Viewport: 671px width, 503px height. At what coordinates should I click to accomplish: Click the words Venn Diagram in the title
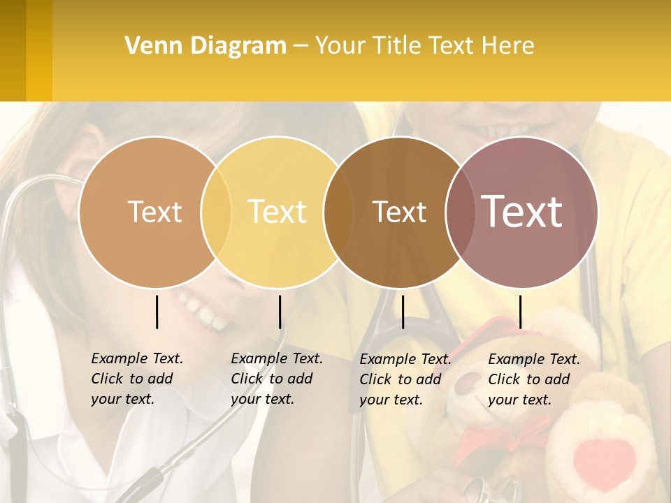pos(205,46)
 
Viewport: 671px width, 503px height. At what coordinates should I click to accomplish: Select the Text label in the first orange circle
pos(154,212)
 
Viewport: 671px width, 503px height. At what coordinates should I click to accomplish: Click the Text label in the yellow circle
pos(277,212)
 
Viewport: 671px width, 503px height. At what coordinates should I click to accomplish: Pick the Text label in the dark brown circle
pos(399,212)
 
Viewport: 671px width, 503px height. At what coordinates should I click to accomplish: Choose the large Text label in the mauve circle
pos(522,211)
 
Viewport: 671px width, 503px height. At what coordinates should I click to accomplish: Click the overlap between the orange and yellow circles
pos(216,212)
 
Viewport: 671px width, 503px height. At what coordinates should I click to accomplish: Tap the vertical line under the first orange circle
pos(157,312)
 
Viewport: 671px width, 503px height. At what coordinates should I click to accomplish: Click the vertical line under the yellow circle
pos(280,312)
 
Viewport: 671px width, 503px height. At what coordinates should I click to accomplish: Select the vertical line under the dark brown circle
pos(403,312)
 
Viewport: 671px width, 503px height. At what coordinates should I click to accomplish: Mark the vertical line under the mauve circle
pos(520,312)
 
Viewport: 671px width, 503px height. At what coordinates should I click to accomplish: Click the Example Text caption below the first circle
pos(136,379)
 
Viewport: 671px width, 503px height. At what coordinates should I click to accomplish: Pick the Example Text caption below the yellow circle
pos(276,379)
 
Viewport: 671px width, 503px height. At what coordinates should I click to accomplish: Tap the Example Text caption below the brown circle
pos(405,379)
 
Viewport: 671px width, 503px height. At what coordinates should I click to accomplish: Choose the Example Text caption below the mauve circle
pos(533,379)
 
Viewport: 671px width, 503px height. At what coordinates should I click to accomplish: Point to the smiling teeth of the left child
pos(203,311)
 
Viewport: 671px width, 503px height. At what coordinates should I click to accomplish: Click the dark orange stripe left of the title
pos(13,50)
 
